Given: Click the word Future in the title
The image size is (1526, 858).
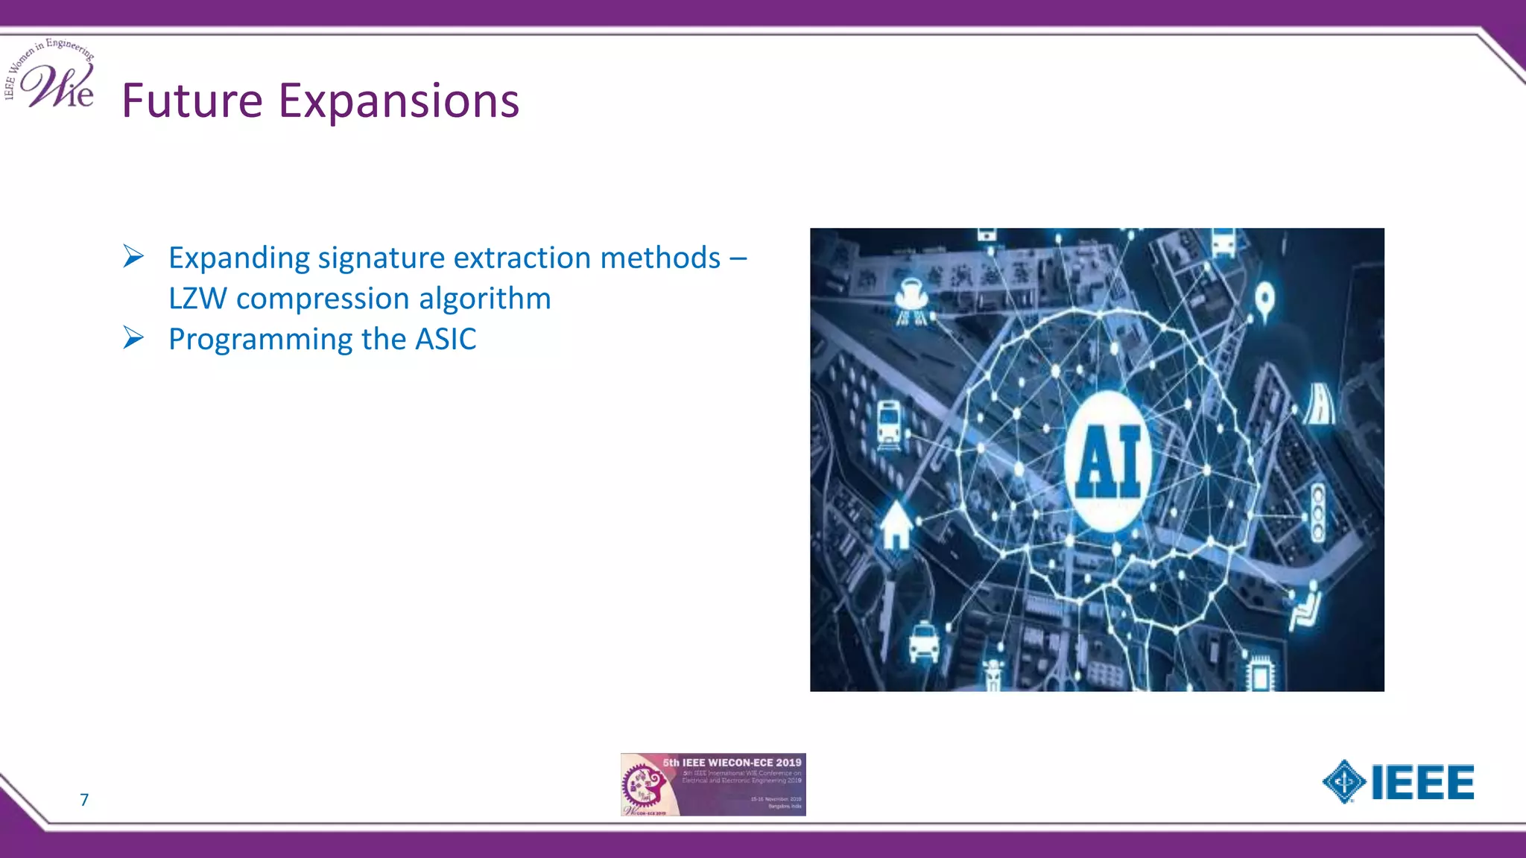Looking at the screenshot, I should (192, 101).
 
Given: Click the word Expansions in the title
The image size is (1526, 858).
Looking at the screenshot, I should (399, 101).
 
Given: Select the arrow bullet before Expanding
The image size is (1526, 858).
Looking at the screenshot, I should (133, 256).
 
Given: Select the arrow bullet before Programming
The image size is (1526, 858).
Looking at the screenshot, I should (133, 337).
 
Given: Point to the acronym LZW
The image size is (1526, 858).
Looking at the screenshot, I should (197, 299).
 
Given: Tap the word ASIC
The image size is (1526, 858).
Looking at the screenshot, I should (446, 340).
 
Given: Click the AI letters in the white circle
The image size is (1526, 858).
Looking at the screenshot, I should (1109, 463).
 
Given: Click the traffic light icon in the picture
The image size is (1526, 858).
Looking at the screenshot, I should (1317, 512).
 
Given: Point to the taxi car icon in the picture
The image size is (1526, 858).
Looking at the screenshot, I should (924, 642).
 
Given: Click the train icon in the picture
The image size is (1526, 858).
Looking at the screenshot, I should (889, 425).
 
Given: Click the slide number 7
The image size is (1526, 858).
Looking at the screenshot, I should (84, 800).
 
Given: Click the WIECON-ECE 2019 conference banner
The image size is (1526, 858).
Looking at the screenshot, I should (713, 784).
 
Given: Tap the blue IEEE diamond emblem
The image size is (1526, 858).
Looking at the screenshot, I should (1343, 782).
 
